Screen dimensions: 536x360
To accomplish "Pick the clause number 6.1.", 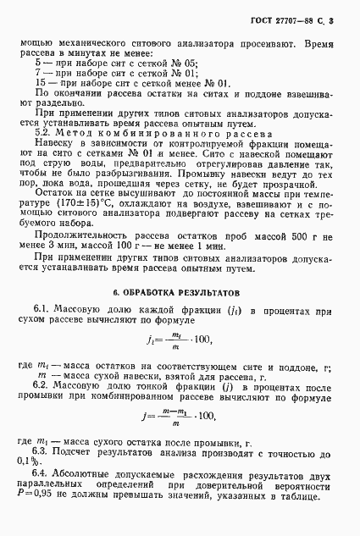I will point(44,312).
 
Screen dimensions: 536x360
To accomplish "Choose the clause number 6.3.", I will point(44,453).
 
